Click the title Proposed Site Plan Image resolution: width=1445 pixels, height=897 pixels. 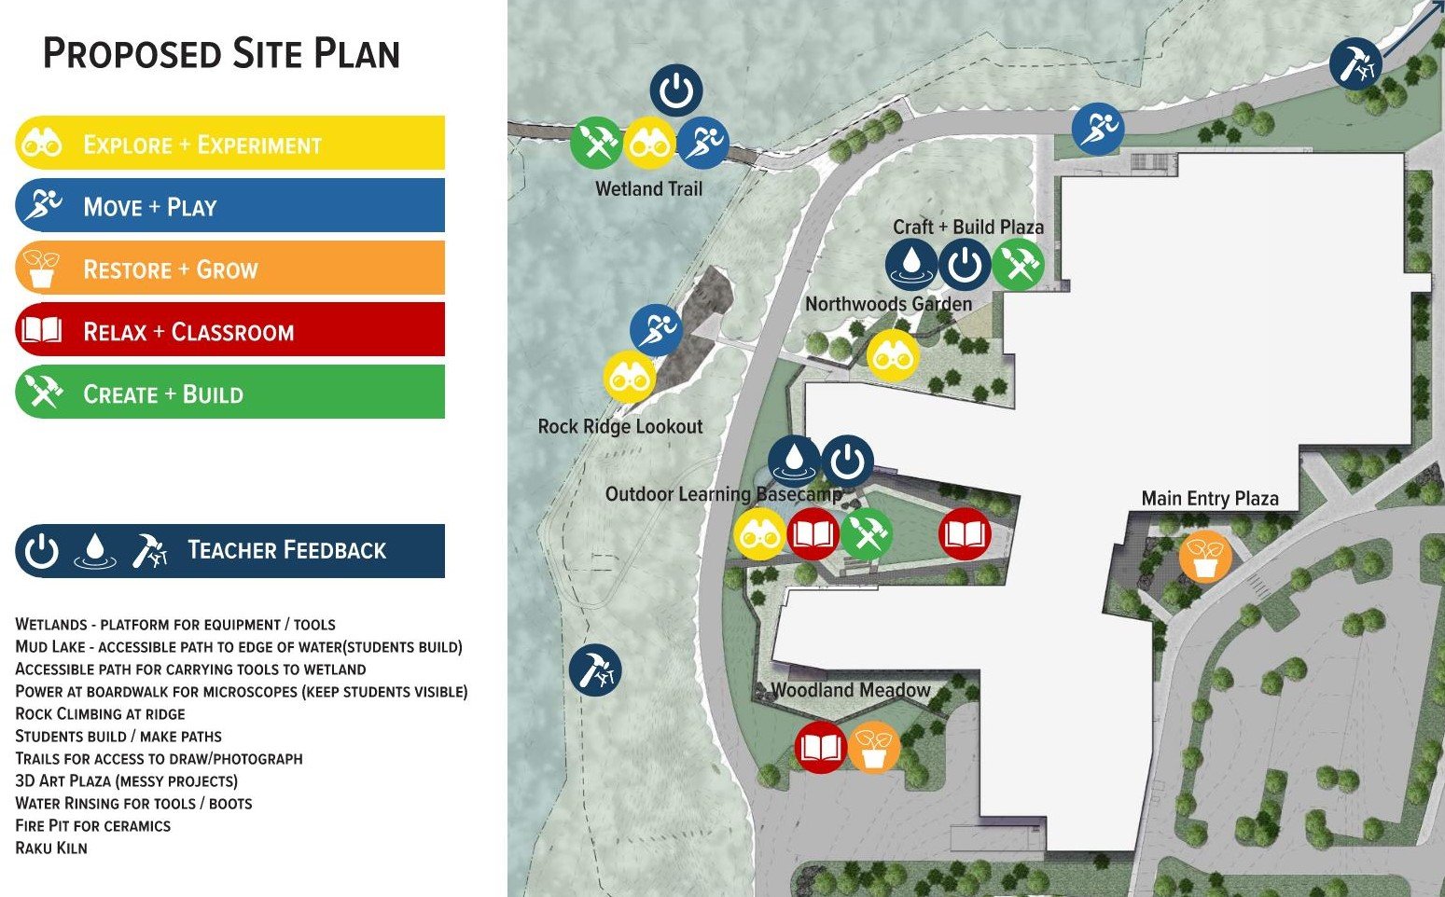click(222, 54)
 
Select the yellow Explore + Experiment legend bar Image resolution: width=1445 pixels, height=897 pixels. click(229, 144)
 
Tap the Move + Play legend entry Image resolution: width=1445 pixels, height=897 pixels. click(229, 206)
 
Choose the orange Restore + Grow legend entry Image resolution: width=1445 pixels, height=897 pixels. click(229, 269)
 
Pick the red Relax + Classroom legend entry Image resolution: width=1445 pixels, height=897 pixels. click(229, 331)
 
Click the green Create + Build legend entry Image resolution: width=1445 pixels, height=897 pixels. click(229, 393)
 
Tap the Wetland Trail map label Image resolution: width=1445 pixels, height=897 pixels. click(648, 188)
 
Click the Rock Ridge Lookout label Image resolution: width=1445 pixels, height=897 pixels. click(619, 426)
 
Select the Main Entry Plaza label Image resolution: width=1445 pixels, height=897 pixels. click(1210, 498)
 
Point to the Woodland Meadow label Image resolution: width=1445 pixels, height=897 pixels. click(851, 690)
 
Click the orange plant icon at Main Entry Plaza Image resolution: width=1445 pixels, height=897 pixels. click(1205, 557)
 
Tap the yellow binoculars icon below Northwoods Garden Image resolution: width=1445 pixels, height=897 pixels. click(893, 355)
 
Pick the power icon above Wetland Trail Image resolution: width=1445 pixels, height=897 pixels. click(676, 91)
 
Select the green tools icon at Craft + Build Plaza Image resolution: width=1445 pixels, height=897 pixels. click(1017, 265)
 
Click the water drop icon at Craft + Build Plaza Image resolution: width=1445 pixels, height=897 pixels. click(911, 265)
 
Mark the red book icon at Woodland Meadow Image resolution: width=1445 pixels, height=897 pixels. click(820, 748)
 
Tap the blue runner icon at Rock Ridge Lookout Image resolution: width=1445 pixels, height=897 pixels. click(656, 330)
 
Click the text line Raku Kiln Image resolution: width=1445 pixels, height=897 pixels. click(51, 848)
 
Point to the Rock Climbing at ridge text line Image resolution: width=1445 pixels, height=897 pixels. click(100, 713)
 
